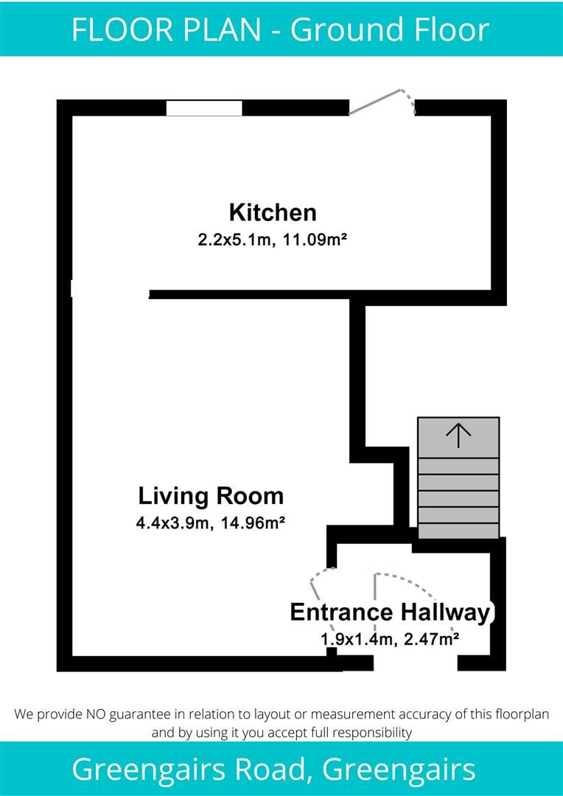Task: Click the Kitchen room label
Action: point(273,213)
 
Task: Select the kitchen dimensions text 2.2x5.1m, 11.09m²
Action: point(273,240)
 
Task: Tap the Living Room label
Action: point(211,495)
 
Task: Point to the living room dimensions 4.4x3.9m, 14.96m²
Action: point(211,523)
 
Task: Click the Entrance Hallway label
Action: point(390,612)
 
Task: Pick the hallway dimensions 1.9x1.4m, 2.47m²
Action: point(391,639)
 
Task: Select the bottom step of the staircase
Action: point(458,531)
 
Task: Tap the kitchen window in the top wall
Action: point(204,108)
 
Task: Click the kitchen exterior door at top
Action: point(381,102)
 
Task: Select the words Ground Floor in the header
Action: point(390,29)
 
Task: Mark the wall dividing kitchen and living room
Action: point(251,294)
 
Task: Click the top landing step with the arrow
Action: point(458,437)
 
